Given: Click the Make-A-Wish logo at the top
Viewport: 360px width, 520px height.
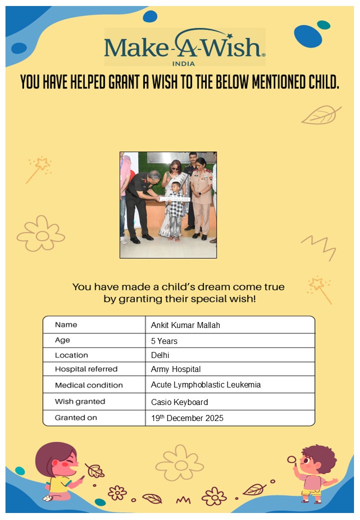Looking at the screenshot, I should [184, 46].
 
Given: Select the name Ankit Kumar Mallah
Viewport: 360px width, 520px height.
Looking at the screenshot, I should [185, 325].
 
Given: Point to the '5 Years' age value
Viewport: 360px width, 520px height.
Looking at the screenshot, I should [164, 341].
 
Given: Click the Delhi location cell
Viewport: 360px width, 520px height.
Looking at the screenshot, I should [160, 355].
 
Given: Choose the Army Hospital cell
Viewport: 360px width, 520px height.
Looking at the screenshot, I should [175, 369].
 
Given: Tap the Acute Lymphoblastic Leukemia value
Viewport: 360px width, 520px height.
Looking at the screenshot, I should [205, 385].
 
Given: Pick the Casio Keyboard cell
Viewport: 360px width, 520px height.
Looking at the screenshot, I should [179, 402].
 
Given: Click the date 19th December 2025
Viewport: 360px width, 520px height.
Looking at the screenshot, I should [187, 418].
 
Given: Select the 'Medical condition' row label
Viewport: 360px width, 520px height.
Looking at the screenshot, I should [88, 385].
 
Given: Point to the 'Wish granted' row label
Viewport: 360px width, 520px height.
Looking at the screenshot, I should [80, 401].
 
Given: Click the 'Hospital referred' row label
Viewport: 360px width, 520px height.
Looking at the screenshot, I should [86, 369].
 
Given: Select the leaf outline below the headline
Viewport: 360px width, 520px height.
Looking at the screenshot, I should [320, 115].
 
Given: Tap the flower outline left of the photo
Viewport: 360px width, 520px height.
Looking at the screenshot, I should [41, 234].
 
